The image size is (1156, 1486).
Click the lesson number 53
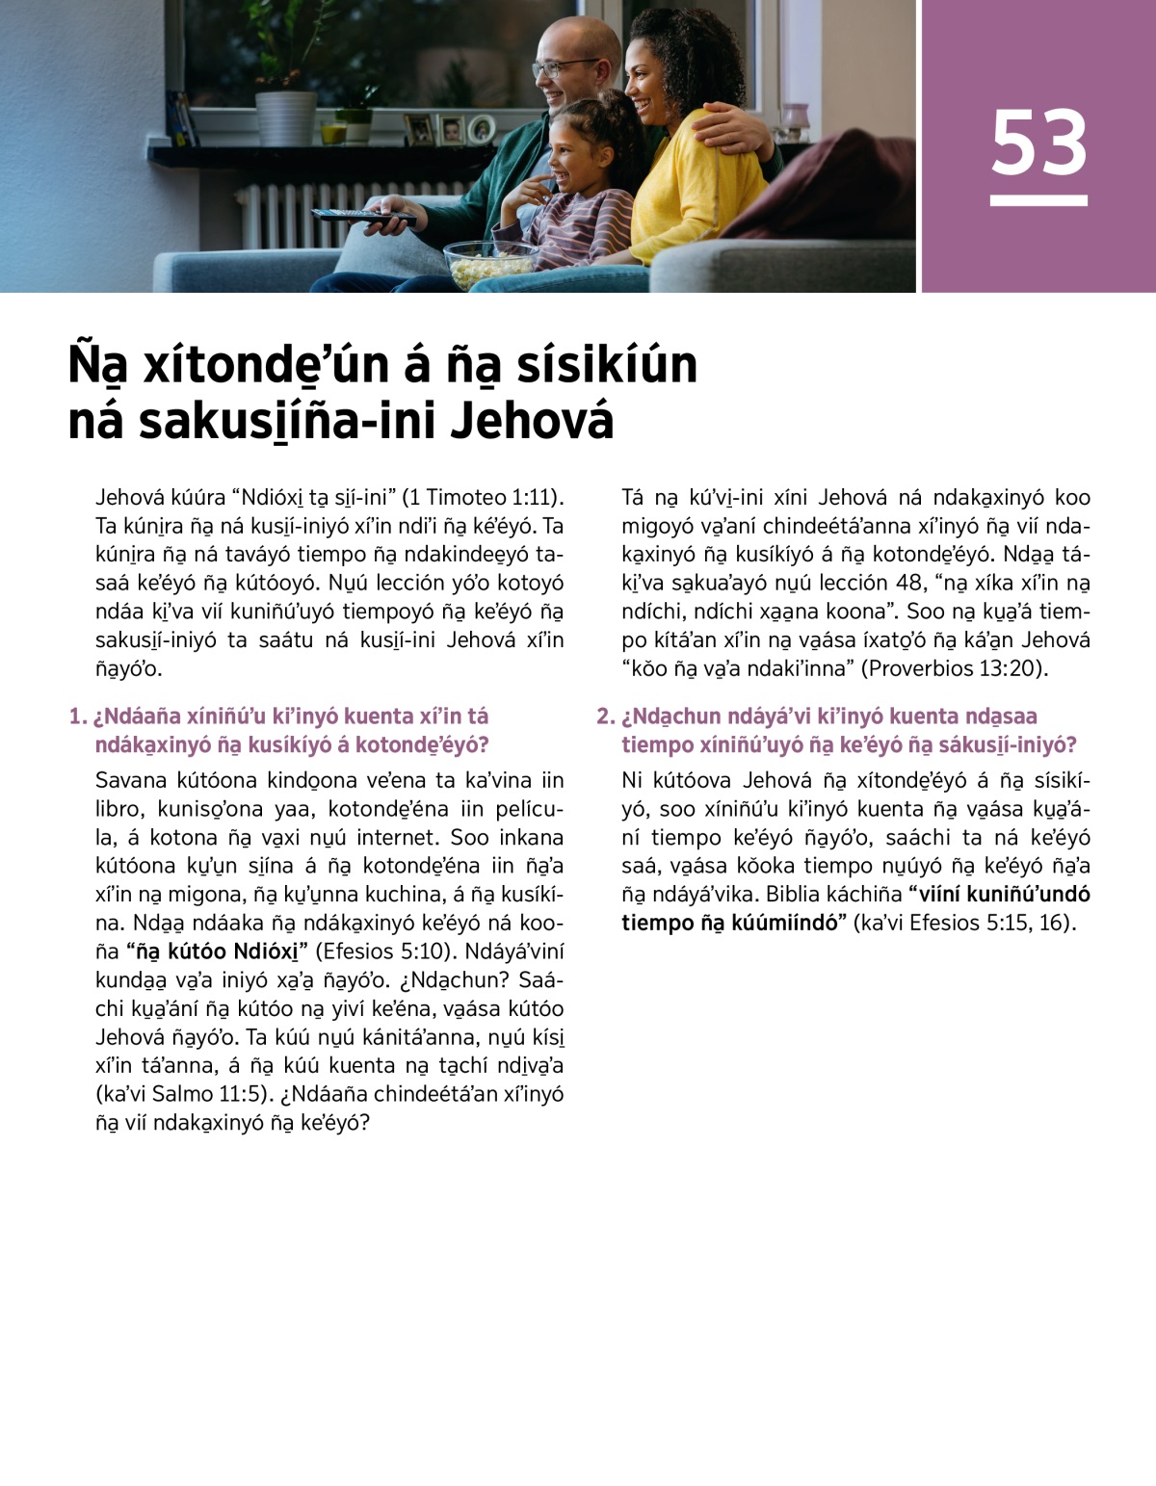1038,143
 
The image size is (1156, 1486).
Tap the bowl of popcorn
490,262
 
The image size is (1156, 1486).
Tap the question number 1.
77,717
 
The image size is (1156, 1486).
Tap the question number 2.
604,717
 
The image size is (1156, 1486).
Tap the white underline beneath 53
1038,200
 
